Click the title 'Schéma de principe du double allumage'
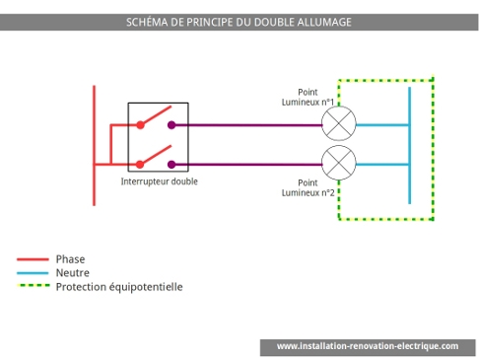pos(239,22)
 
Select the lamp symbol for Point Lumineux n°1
pos(339,124)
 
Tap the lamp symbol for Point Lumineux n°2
pos(339,161)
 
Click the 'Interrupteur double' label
pos(159,182)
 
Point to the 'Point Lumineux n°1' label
pos(308,97)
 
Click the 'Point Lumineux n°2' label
pos(308,188)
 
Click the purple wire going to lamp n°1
pos(246,125)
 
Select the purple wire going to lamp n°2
pos(246,164)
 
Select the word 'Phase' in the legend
pos(70,259)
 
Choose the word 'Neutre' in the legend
pos(73,273)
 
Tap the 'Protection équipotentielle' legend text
pos(119,287)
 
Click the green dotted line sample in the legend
pos(33,287)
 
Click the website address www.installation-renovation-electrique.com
pos(367,346)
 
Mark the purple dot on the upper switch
pos(171,125)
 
